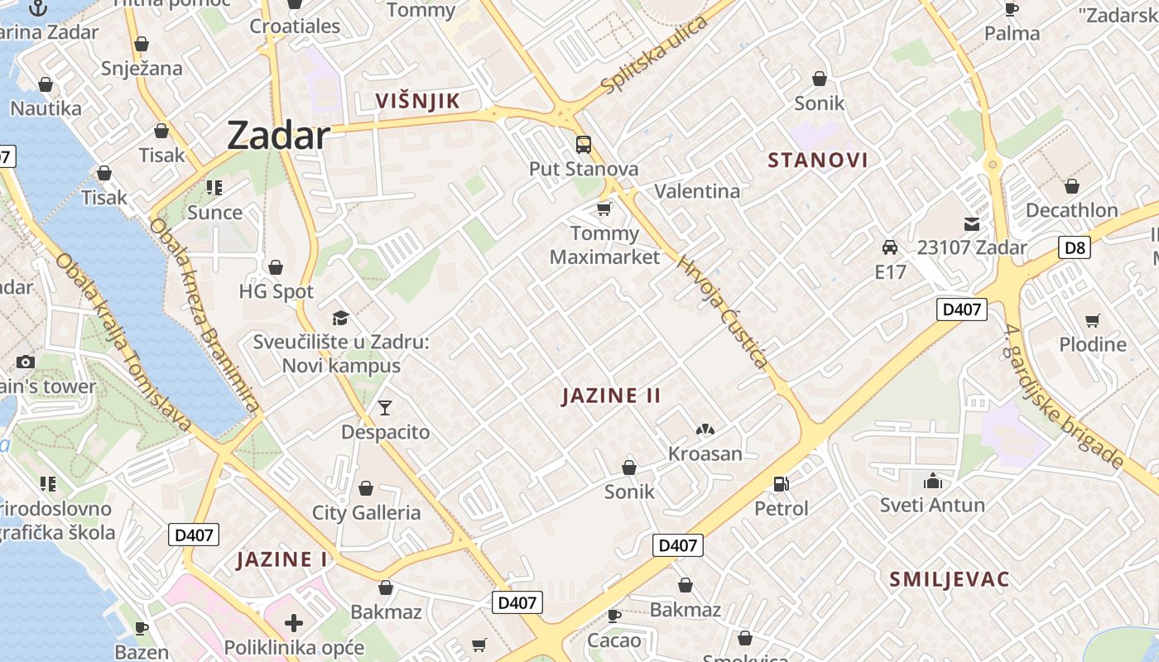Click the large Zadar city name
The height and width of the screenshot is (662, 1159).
pos(278,135)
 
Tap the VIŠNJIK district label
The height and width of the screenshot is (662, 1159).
pos(417,102)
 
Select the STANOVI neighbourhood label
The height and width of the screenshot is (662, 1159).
pos(818,161)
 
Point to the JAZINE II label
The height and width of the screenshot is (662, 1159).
pos(612,396)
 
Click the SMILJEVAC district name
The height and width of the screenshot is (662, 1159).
pos(950,579)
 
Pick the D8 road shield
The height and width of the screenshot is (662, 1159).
pos(1074,247)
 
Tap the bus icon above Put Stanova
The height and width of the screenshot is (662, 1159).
pos(584,145)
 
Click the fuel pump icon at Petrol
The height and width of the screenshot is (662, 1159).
pos(781,484)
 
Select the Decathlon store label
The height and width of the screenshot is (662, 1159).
pos(1071,210)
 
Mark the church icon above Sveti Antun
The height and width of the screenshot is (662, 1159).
pos(933,481)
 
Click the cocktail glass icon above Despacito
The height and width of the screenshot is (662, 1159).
pos(385,407)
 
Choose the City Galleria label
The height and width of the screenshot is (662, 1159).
pos(366,513)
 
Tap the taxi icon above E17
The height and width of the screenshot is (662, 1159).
pos(890,247)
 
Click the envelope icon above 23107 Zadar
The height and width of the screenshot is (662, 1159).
pos(971,224)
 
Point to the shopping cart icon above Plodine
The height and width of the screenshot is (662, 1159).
pos(1093,320)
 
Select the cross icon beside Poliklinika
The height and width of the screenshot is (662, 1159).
pos(293,623)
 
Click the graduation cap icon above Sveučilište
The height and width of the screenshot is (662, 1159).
pos(339,318)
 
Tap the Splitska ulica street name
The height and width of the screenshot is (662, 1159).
pos(655,55)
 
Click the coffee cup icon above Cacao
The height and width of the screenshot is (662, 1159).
pos(613,616)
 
